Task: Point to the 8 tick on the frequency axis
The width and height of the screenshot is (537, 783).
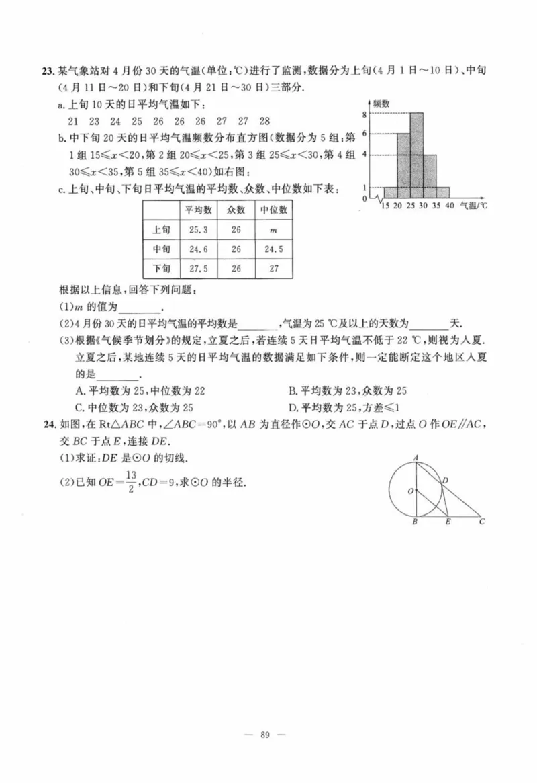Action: point(364,114)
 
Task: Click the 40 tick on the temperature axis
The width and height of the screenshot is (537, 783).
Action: point(449,205)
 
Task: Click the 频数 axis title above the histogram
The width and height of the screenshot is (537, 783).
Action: point(381,104)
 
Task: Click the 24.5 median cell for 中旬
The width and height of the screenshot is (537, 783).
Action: point(273,249)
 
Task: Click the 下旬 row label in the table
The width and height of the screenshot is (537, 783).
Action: point(161,268)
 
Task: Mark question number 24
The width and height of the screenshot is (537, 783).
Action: point(48,423)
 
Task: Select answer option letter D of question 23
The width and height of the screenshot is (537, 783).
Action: point(292,407)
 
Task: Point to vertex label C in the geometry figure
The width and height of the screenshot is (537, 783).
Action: point(482,521)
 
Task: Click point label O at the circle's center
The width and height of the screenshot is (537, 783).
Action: point(409,491)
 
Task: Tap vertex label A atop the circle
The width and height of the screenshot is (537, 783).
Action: point(416,458)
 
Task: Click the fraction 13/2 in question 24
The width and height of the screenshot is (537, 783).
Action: point(130,482)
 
